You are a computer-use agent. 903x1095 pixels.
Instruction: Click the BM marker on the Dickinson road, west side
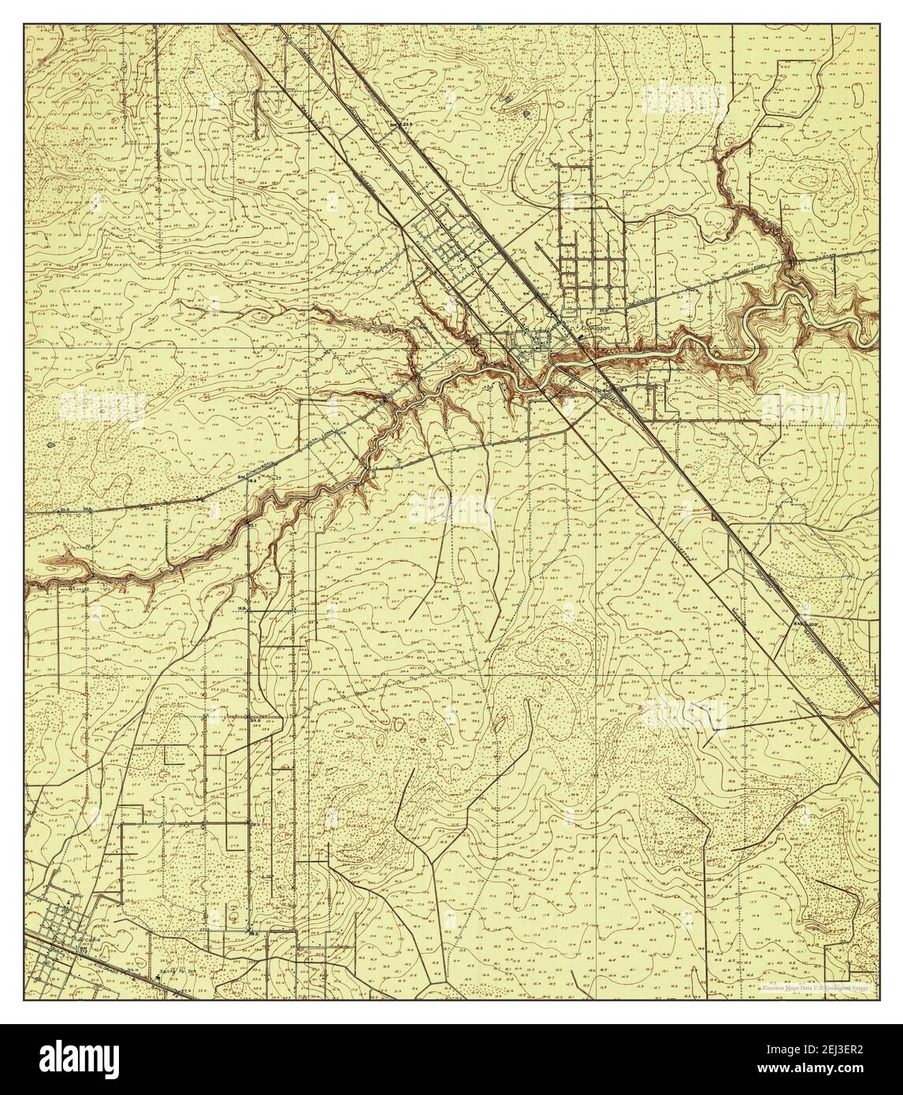(244, 477)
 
